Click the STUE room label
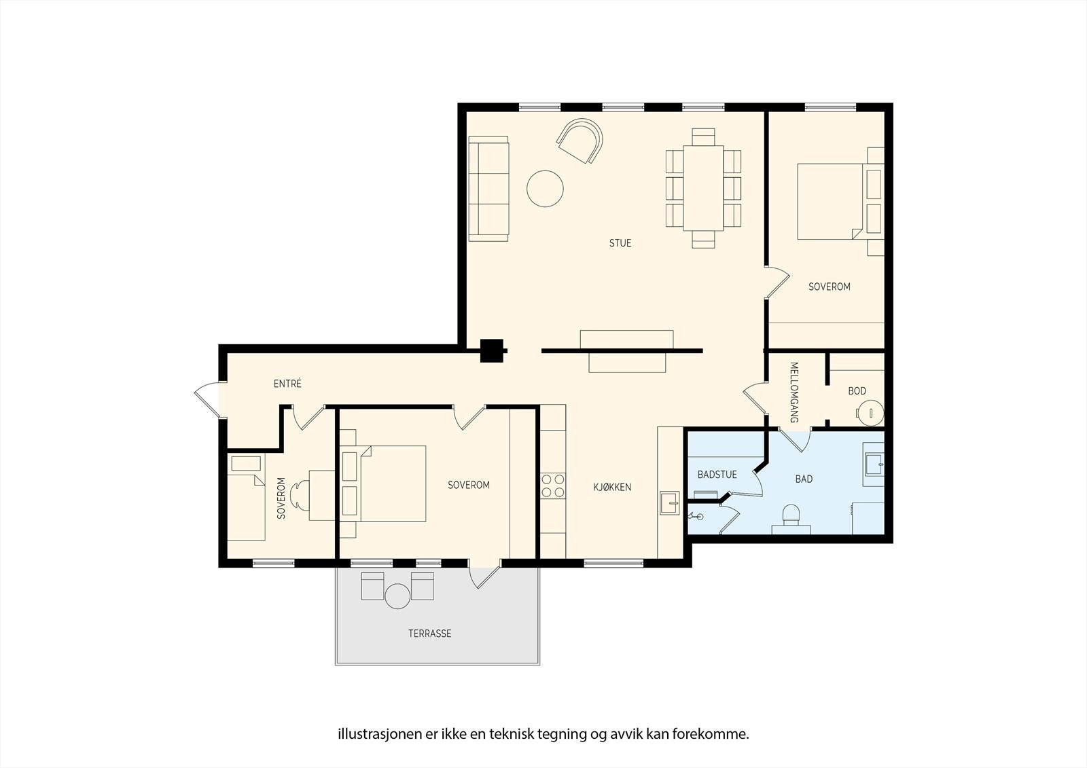tap(620, 243)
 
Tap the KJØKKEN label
tap(612, 487)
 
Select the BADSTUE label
tap(717, 475)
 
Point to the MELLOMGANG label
tap(794, 392)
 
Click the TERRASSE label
tap(429, 634)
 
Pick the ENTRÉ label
tap(287, 383)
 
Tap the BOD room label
tap(857, 391)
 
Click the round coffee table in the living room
tap(545, 189)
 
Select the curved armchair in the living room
tap(580, 140)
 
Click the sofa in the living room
tap(488, 189)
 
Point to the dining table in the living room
tap(703, 187)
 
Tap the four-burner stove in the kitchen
tap(553, 486)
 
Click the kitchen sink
tap(670, 502)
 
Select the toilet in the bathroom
tap(791, 517)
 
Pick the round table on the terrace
tap(397, 596)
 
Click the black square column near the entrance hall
tap(492, 350)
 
